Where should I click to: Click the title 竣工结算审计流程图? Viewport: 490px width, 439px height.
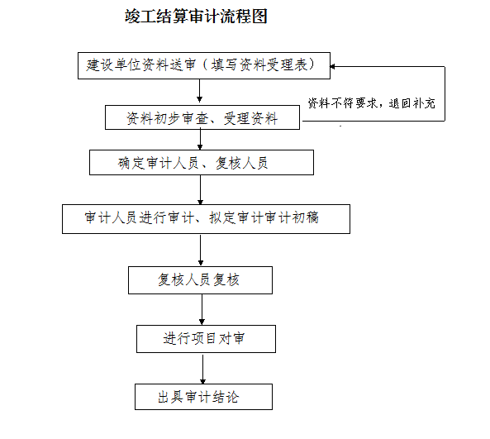196,16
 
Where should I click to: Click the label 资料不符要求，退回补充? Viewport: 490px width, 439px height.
371,103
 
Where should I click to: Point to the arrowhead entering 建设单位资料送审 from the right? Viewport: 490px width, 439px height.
332,67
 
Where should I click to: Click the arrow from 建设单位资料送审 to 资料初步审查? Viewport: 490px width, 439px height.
199,91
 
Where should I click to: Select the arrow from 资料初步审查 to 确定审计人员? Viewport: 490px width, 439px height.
200,140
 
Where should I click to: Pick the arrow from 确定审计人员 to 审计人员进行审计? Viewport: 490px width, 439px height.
200,190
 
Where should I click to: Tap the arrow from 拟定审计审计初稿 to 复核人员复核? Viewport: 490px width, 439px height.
201,251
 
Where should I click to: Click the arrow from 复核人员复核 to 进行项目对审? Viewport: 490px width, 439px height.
202,309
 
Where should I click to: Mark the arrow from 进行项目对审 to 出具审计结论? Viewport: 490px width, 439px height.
202,370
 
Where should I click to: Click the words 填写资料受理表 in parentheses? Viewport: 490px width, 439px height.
259,65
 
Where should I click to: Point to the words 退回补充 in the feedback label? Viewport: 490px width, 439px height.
412,103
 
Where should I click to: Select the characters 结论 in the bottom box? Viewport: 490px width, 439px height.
226,397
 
